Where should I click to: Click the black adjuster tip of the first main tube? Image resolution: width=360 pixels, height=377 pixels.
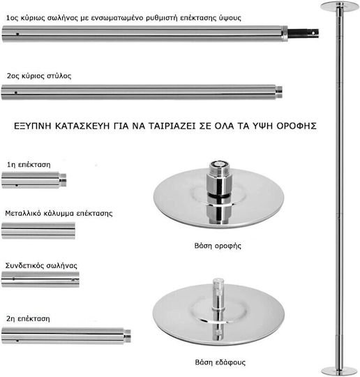click(x=303, y=34)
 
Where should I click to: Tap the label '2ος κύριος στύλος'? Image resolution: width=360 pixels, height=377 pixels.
click(x=39, y=76)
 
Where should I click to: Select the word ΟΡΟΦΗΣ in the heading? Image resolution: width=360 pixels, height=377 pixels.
click(x=297, y=126)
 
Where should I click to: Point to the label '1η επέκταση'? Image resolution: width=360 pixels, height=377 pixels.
click(x=29, y=165)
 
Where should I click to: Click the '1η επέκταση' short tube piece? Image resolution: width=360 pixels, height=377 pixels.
click(x=34, y=180)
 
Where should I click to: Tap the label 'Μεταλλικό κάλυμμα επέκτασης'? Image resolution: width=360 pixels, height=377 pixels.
click(x=59, y=213)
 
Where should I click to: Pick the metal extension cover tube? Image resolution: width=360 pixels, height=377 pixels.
click(x=38, y=231)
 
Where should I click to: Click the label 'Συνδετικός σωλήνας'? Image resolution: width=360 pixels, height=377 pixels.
click(x=41, y=266)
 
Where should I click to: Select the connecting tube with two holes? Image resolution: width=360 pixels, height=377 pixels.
click(x=40, y=279)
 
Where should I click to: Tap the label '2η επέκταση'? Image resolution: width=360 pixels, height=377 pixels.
click(x=28, y=319)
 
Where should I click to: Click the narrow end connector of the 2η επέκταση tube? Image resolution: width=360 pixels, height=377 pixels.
click(x=128, y=336)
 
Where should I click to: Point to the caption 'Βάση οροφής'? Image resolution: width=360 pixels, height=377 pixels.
click(x=218, y=246)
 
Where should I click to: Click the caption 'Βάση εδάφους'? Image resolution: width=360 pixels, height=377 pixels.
click(x=220, y=362)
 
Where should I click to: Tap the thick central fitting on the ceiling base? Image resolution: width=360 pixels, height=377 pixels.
click(x=218, y=178)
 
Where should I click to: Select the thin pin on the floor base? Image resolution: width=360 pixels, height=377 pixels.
click(x=218, y=297)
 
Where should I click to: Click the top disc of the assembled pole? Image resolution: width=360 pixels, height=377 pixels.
click(x=339, y=6)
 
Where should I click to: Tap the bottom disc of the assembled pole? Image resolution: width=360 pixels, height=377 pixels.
click(x=339, y=371)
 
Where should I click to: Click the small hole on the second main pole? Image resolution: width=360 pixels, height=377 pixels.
click(x=16, y=93)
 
